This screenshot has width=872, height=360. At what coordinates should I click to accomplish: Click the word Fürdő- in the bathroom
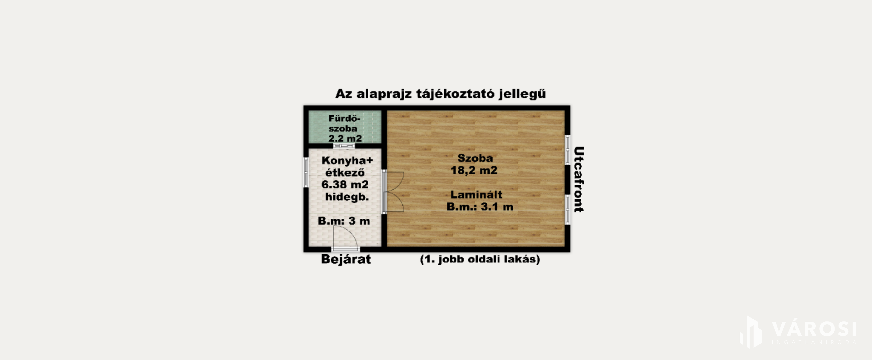point(344,119)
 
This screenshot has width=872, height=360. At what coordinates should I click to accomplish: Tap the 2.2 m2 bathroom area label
point(345,138)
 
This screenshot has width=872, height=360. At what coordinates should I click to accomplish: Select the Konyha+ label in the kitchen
point(347,160)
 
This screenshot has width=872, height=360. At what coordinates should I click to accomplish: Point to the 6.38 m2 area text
point(345,184)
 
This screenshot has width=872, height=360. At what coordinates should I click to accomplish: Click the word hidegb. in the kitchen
point(347,197)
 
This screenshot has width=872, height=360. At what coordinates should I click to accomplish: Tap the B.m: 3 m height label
point(344,221)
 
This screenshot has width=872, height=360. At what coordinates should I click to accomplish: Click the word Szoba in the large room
point(475,158)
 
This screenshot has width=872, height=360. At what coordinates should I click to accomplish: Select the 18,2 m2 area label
point(474,170)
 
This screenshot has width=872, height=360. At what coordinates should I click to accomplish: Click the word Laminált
point(476,195)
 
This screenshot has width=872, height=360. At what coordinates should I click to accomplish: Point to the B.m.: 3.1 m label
point(480,207)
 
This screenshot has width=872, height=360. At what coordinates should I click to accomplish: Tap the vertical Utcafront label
point(579,179)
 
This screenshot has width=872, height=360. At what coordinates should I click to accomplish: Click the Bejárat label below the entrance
point(346,259)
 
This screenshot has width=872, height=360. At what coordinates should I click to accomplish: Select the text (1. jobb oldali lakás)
point(480,259)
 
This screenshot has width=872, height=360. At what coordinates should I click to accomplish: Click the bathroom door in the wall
point(344,146)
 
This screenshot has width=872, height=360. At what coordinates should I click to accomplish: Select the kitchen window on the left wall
point(306,172)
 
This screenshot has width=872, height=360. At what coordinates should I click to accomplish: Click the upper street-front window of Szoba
point(568,150)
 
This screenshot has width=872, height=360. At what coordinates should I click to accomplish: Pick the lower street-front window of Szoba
point(568,210)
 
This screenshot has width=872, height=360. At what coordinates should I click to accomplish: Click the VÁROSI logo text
point(814,329)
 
